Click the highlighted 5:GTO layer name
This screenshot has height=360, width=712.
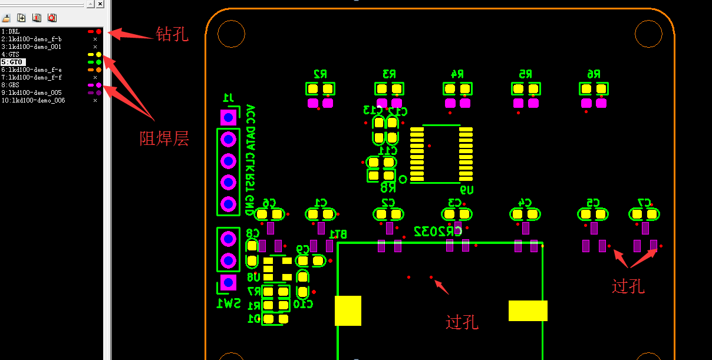pyautogui.click(x=16, y=62)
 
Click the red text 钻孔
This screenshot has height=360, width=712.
pyautogui.click(x=172, y=34)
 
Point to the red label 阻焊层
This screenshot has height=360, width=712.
pyautogui.click(x=164, y=139)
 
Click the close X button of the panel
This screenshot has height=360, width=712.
pyautogui.click(x=100, y=4)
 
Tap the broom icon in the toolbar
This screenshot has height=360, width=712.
pyautogui.click(x=6, y=18)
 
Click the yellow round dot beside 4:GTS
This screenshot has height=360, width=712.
pyautogui.click(x=98, y=54)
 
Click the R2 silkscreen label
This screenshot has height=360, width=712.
pyautogui.click(x=320, y=74)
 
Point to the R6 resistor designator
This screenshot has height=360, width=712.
pyautogui.click(x=594, y=74)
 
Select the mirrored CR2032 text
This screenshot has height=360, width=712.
pyautogui.click(x=438, y=230)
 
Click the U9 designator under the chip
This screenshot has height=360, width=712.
pyautogui.click(x=466, y=190)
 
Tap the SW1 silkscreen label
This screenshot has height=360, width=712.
pyautogui.click(x=229, y=303)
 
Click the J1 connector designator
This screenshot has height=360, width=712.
pyautogui.click(x=228, y=97)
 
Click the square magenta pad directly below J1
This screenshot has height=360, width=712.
pyautogui.click(x=228, y=117)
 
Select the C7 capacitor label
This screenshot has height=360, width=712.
pyautogui.click(x=644, y=203)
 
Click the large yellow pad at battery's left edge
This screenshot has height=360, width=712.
pyautogui.click(x=348, y=311)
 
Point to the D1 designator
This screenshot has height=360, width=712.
pyautogui.click(x=254, y=319)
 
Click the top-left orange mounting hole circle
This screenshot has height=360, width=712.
pyautogui.click(x=230, y=34)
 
